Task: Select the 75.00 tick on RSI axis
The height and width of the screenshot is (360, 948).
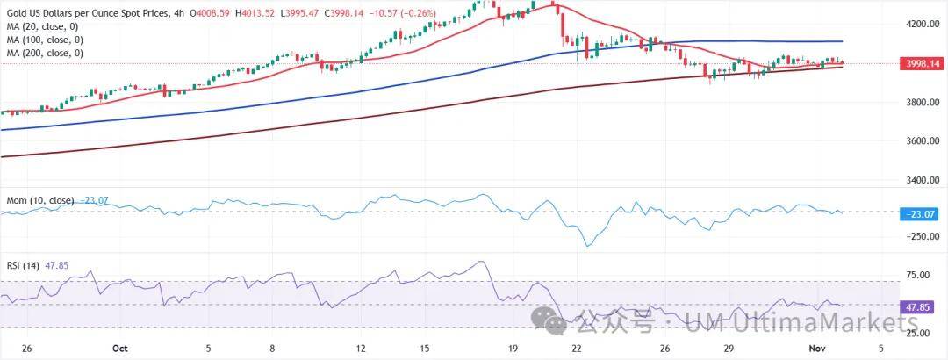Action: pyautogui.click(x=918, y=276)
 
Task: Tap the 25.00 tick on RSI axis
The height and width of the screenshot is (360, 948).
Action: pyautogui.click(x=918, y=333)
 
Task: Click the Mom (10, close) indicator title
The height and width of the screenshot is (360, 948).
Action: pyautogui.click(x=38, y=201)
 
